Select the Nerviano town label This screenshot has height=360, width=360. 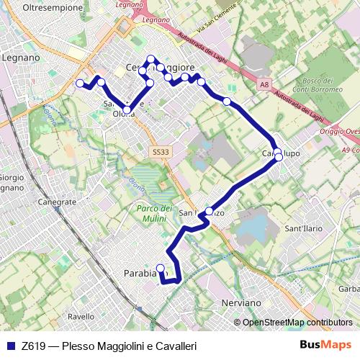pos(239,302)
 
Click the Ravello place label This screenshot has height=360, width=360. pos(81,316)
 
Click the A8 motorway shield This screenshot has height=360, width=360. pos(264,85)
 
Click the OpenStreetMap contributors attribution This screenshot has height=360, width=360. pos(297,323)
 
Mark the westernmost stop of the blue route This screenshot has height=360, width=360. pos(80,84)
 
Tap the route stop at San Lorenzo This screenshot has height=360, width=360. pos(210,211)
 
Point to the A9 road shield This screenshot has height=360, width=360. pos(348,150)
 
